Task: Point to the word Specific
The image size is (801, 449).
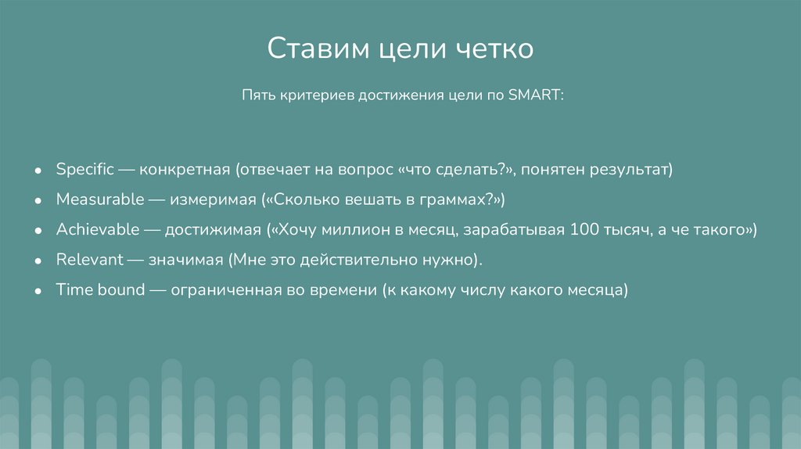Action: click(x=85, y=169)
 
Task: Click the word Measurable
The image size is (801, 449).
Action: click(x=100, y=199)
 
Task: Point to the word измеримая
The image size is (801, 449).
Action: click(x=214, y=199)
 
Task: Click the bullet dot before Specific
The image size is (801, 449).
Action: click(x=38, y=170)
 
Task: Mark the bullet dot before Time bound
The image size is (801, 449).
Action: click(x=38, y=290)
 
